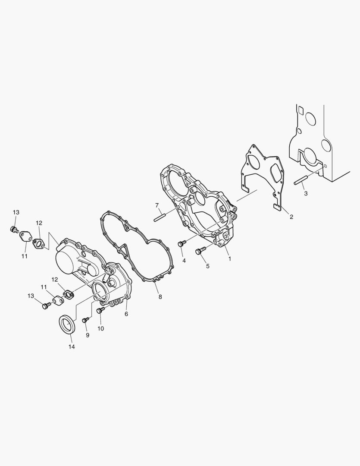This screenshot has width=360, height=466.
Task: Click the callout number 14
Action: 72,346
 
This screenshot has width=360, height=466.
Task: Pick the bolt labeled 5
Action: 200,251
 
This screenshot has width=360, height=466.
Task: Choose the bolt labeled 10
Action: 101,310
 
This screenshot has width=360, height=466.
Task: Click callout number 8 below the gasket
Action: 160,297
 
